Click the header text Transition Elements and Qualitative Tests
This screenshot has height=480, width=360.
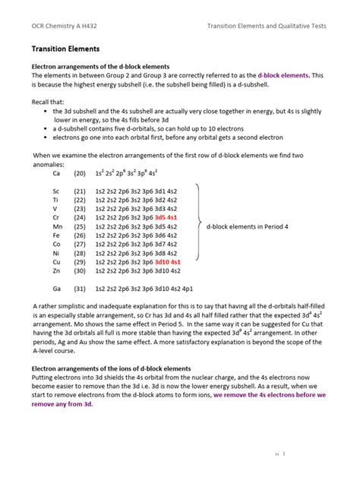click(267, 25)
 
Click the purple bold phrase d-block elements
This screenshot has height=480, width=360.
click(283, 76)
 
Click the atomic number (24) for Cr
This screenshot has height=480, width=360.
click(80, 217)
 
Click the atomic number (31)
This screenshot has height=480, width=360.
click(80, 289)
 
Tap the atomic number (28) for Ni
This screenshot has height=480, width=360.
click(80, 249)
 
